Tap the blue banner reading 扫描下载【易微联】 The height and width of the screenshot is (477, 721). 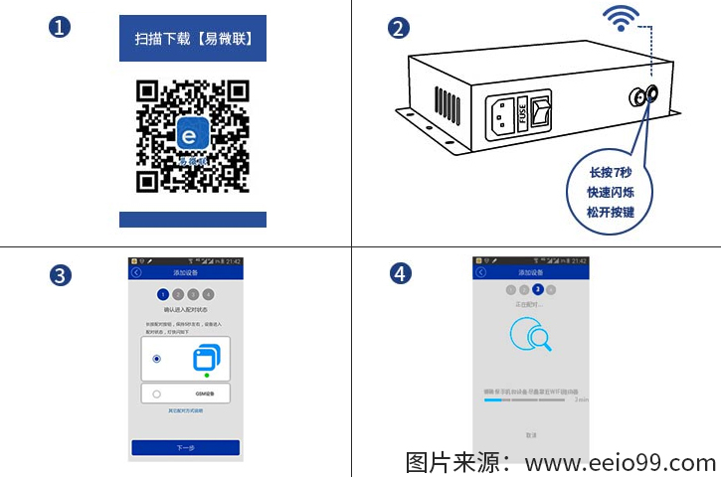click(193, 39)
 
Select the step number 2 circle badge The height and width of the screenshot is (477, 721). click(399, 28)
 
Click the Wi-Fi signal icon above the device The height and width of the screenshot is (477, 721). click(623, 19)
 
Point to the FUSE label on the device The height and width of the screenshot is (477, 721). click(522, 107)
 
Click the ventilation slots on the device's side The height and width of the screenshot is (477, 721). click(447, 102)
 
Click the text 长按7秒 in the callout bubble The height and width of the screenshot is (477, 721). click(611, 172)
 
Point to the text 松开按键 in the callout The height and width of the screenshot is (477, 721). click(611, 212)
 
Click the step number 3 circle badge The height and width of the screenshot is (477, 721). click(61, 275)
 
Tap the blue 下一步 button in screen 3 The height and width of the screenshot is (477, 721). click(186, 447)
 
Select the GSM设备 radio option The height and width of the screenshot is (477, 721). click(157, 395)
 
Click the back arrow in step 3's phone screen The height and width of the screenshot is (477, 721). click(136, 272)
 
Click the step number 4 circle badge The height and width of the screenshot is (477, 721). click(399, 275)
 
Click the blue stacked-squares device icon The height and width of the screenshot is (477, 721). click(207, 358)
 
